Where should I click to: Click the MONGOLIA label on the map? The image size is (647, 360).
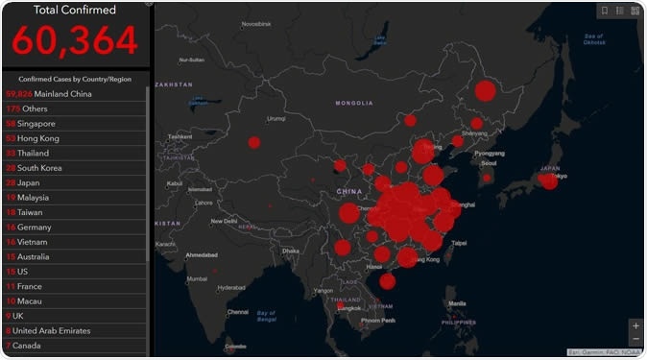[353, 103]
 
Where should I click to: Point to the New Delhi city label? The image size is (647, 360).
[224, 221]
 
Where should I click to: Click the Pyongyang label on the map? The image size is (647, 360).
[489, 153]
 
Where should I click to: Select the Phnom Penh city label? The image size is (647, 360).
[377, 320]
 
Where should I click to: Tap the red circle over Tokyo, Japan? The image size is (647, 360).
[548, 180]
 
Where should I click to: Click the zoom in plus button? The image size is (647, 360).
[635, 325]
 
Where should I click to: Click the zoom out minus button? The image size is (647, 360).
[635, 339]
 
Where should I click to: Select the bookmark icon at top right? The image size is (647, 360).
[605, 11]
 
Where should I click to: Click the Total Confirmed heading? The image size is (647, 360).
[75, 11]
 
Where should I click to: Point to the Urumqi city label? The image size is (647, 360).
[276, 119]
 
